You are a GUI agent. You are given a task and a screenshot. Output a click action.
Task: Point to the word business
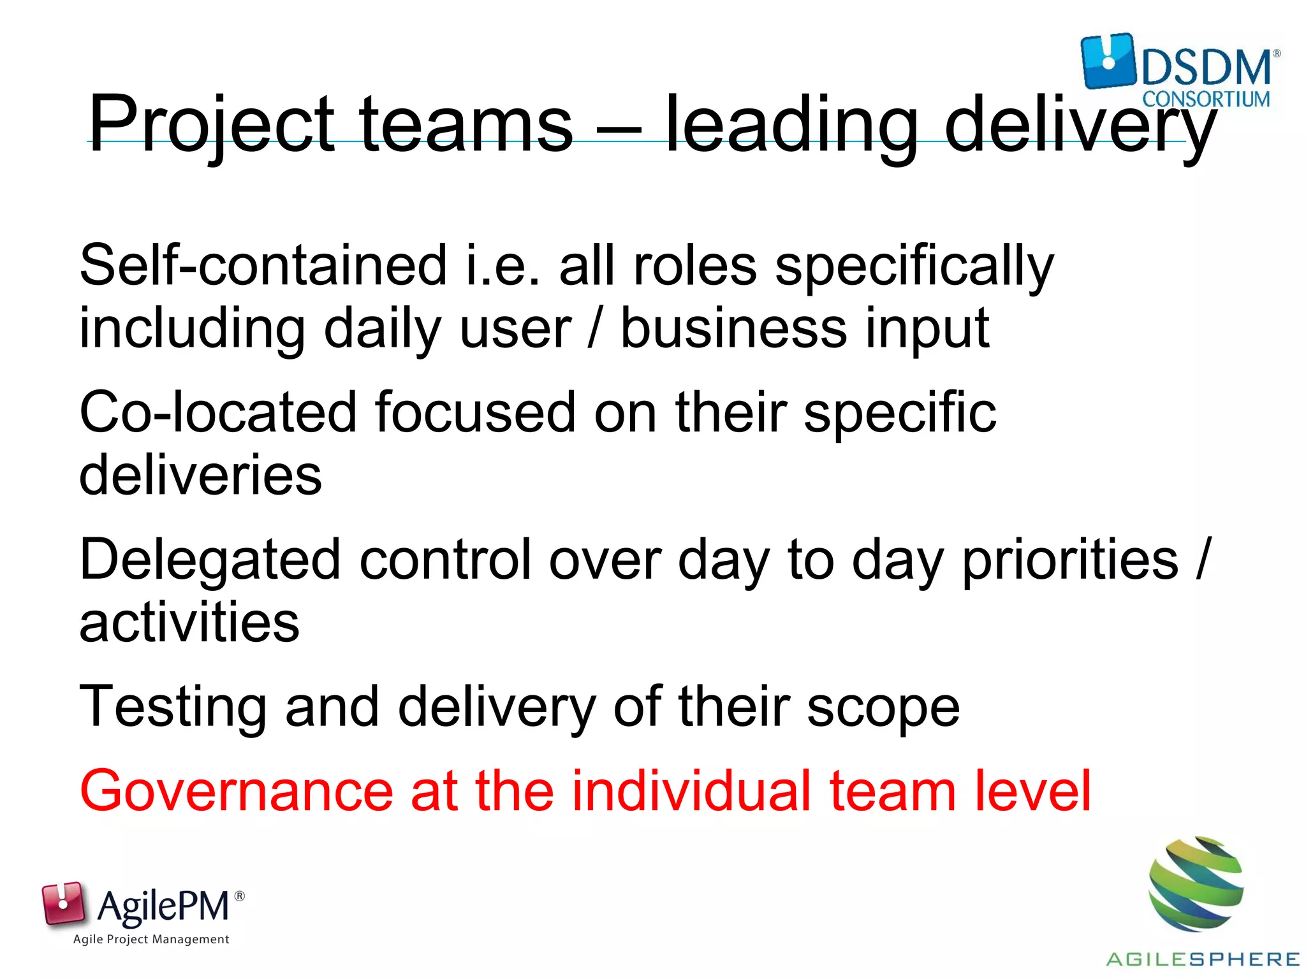point(733,329)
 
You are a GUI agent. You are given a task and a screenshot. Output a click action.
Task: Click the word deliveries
point(200,475)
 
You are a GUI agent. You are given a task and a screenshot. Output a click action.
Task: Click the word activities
point(189,622)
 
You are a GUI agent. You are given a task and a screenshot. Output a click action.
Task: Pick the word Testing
point(173,707)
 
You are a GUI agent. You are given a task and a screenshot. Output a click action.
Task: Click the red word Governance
point(237,791)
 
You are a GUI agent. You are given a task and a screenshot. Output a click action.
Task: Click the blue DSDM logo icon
point(1108,61)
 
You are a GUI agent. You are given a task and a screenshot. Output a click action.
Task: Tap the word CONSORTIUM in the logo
point(1206,99)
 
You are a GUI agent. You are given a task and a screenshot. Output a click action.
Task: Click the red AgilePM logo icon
point(63,903)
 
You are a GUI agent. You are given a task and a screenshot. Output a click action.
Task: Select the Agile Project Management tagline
point(151,939)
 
